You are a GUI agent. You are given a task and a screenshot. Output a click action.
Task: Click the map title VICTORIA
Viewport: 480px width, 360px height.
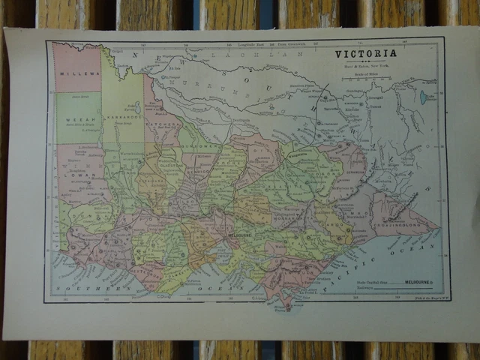coord(365,54)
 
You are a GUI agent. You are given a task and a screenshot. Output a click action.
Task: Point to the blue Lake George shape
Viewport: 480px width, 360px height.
coord(424,97)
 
